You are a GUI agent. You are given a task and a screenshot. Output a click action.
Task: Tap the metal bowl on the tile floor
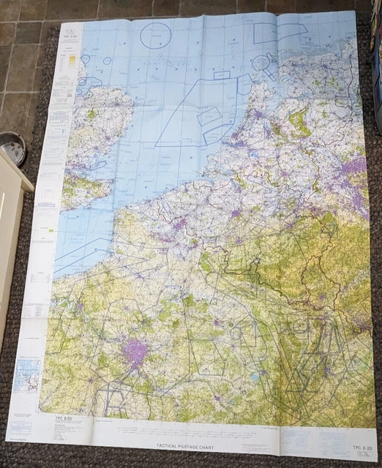point(12,148)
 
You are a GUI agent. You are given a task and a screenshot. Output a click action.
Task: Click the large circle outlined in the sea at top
point(155,34)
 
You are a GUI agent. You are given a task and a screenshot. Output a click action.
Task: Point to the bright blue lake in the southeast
point(253,377)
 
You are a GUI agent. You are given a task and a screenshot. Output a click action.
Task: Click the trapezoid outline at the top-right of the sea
point(280,32)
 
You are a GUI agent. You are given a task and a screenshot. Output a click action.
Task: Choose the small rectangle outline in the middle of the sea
point(222,75)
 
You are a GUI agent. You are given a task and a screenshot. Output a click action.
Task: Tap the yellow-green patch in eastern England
point(92,115)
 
